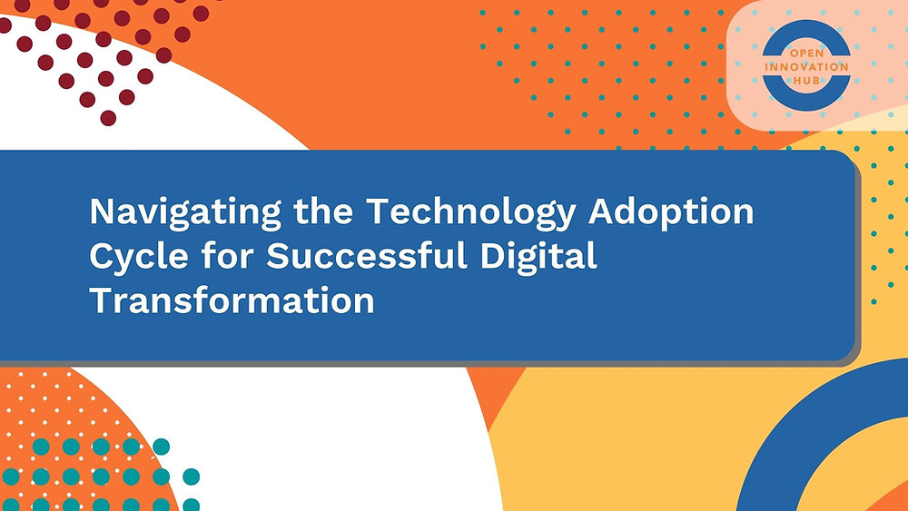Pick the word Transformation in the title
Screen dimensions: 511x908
point(232,300)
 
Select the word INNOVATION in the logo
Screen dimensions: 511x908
point(806,67)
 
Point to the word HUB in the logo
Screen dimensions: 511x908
point(806,80)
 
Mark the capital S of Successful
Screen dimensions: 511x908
point(279,256)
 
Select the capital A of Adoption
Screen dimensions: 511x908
point(604,212)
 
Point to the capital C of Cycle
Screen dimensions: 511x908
point(103,256)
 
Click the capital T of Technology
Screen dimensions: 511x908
point(377,212)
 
